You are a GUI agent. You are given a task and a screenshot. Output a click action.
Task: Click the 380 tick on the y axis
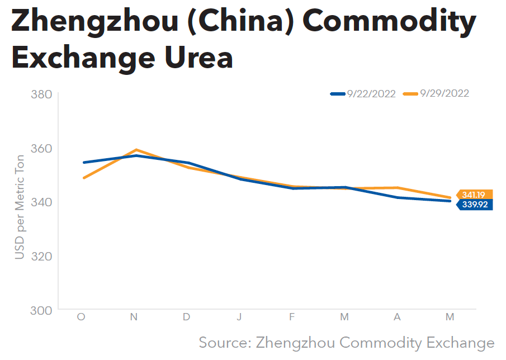pyautogui.click(x=42, y=94)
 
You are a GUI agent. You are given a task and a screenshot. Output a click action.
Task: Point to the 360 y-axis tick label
pyautogui.click(x=42, y=149)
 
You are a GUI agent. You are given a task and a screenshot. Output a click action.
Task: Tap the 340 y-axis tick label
pyautogui.click(x=42, y=202)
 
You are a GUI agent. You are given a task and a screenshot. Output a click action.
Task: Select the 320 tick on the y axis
pyautogui.click(x=42, y=256)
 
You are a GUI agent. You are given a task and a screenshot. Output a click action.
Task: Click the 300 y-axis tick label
pyautogui.click(x=42, y=310)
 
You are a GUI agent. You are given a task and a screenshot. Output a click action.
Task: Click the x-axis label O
pyautogui.click(x=81, y=317)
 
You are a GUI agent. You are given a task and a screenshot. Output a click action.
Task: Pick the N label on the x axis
pyautogui.click(x=134, y=317)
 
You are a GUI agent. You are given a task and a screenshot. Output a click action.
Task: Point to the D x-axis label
pyautogui.click(x=186, y=317)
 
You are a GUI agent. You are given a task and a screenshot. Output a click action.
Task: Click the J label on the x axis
pyautogui.click(x=239, y=317)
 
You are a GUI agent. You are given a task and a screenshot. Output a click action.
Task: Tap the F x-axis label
pyautogui.click(x=292, y=317)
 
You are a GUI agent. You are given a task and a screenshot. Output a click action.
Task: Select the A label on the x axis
pyautogui.click(x=397, y=317)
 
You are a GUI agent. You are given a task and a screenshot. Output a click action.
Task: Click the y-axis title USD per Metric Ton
pyautogui.click(x=20, y=207)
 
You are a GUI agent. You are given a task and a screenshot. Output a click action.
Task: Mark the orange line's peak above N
pyautogui.click(x=134, y=150)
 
